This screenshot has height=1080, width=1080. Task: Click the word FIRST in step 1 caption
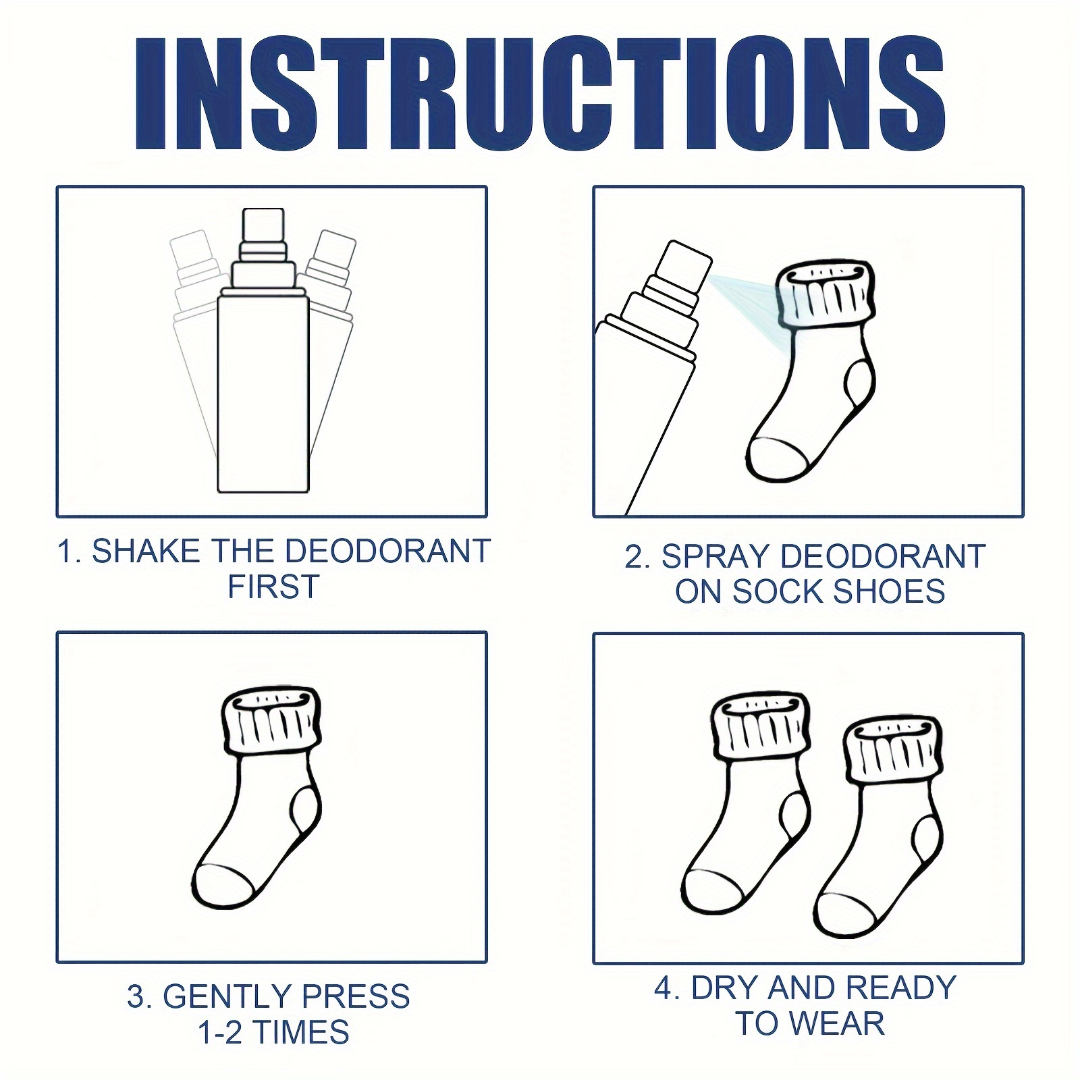point(273,587)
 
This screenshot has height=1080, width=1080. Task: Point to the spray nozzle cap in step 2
point(684,265)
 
